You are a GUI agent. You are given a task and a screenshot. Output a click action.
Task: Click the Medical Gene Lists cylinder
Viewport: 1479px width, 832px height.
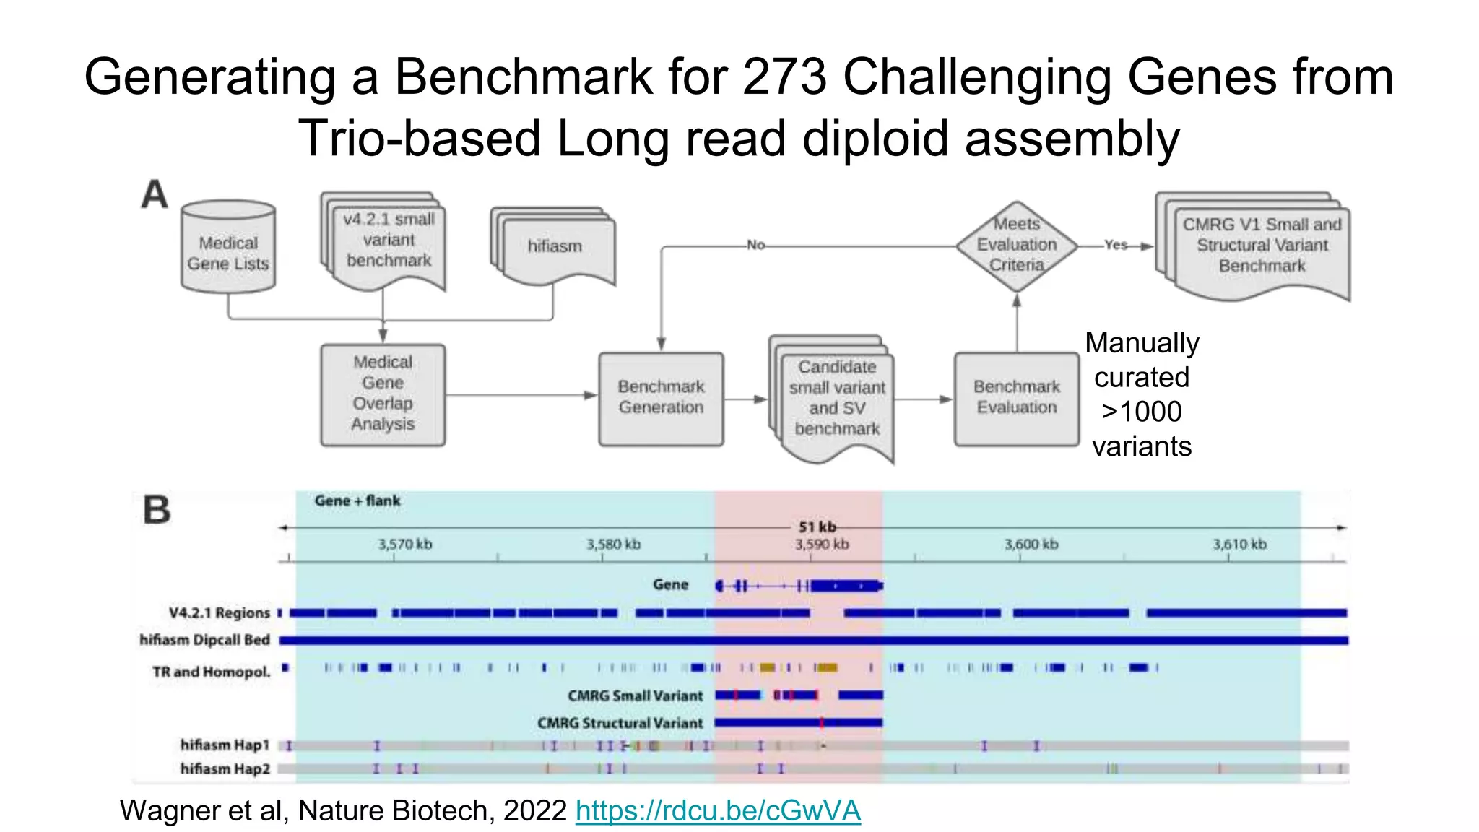click(228, 249)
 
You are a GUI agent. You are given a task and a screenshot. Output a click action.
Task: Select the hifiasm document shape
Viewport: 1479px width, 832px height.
click(555, 248)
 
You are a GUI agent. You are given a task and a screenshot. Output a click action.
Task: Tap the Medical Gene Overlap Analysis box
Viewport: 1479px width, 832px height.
click(383, 394)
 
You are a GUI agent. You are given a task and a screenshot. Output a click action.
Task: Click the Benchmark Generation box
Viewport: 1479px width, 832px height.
click(661, 398)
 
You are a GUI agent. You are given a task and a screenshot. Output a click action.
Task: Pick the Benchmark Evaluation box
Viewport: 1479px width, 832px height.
click(1016, 398)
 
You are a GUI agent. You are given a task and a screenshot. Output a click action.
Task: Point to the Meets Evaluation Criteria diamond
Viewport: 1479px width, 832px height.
click(1017, 246)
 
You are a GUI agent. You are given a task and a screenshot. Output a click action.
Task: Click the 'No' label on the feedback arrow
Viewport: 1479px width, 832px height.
click(755, 246)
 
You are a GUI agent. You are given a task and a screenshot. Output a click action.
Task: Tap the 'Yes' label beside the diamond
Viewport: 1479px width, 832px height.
click(1115, 246)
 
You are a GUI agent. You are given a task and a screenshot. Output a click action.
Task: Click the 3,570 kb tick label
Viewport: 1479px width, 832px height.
click(405, 545)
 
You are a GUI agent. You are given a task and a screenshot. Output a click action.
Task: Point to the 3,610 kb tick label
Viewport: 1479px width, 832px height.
click(1239, 545)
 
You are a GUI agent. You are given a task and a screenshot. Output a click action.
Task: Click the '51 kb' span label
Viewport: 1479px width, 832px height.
click(817, 527)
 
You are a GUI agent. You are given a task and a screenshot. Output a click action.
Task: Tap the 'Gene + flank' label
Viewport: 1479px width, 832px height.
click(357, 501)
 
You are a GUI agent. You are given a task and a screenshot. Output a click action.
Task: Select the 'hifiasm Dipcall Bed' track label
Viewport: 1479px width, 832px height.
click(204, 641)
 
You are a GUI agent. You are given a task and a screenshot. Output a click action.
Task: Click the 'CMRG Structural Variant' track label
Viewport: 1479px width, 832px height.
click(620, 724)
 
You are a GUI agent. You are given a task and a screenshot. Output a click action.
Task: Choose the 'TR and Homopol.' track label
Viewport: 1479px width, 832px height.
click(211, 672)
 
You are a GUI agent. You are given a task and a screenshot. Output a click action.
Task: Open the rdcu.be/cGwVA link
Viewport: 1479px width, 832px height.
click(718, 811)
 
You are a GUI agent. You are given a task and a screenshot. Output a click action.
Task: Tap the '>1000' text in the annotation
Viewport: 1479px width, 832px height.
click(1141, 412)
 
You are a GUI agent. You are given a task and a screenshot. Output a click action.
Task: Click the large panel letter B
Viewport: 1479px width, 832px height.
click(157, 511)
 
